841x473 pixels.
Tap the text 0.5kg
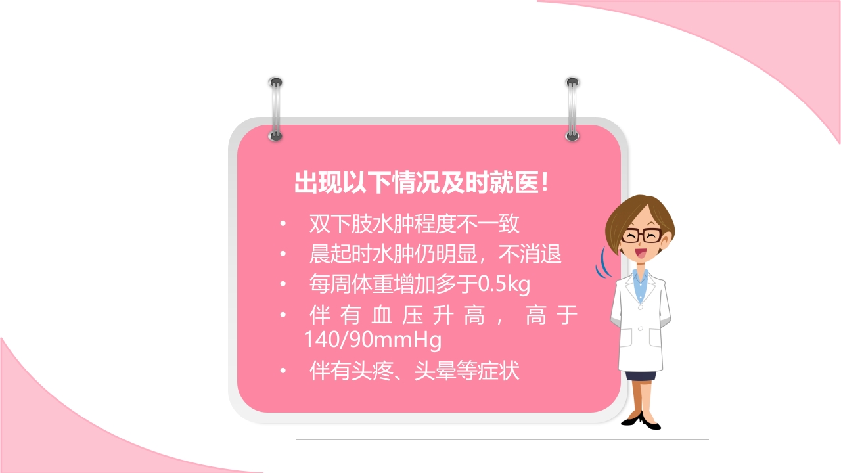[x=504, y=285]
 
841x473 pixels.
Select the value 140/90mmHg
[x=372, y=340]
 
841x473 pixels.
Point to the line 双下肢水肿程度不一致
[x=414, y=224]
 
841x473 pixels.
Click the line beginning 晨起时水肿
[x=435, y=254]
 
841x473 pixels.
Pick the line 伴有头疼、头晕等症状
[x=414, y=371]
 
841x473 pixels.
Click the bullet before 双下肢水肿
[x=283, y=225]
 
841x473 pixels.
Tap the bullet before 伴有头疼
[x=283, y=372]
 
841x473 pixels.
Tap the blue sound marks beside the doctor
[x=602, y=263]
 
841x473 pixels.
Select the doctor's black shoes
[x=641, y=421]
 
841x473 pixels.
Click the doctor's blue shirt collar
[x=640, y=279]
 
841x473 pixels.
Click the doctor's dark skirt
[x=640, y=376]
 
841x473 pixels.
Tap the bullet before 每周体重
[x=283, y=285]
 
